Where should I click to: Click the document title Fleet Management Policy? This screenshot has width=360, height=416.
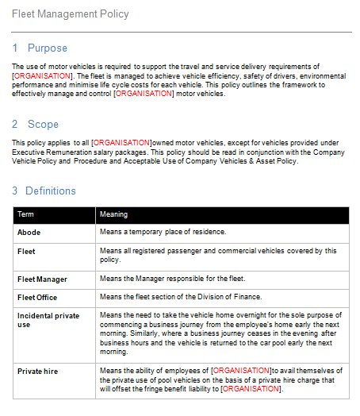tap(71, 14)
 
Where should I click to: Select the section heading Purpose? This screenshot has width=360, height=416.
tap(48, 48)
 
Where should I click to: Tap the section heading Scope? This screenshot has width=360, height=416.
tap(43, 124)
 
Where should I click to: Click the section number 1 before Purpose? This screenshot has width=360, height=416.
tap(15, 48)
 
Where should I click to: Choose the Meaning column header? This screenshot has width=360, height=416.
tap(113, 214)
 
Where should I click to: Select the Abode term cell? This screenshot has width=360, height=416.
tap(29, 232)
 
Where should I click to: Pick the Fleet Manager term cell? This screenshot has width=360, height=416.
tap(42, 279)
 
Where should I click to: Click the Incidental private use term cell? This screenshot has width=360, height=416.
tap(48, 320)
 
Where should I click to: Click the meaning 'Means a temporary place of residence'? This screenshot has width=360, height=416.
tap(163, 232)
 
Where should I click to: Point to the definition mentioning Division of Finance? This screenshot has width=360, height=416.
tap(179, 297)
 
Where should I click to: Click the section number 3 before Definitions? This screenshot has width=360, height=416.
tap(15, 191)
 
